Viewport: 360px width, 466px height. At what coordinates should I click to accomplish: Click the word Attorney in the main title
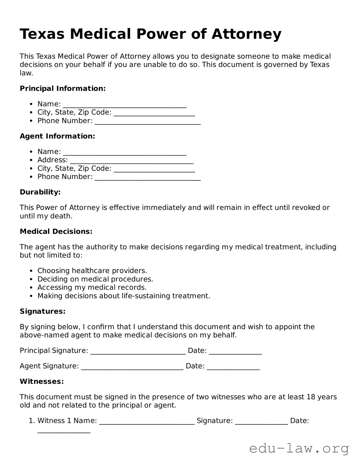pyautogui.click(x=246, y=34)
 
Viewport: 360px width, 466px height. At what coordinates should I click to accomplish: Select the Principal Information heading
pyautogui.click(x=63, y=89)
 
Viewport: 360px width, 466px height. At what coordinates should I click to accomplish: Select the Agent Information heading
pyautogui.click(x=57, y=136)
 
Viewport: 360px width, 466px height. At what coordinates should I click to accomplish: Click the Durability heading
pyautogui.click(x=40, y=192)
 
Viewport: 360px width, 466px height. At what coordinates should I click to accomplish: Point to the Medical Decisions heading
pyautogui.click(x=56, y=232)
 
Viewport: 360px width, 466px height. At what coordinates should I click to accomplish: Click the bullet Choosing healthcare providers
pyautogui.click(x=92, y=271)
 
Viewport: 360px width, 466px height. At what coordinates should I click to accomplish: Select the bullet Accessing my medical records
pyautogui.click(x=92, y=287)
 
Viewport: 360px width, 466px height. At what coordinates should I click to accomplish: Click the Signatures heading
pyautogui.click(x=43, y=311)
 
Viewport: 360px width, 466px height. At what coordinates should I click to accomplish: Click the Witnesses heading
pyautogui.click(x=42, y=381)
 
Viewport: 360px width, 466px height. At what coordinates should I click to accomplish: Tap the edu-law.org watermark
pyautogui.click(x=299, y=449)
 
